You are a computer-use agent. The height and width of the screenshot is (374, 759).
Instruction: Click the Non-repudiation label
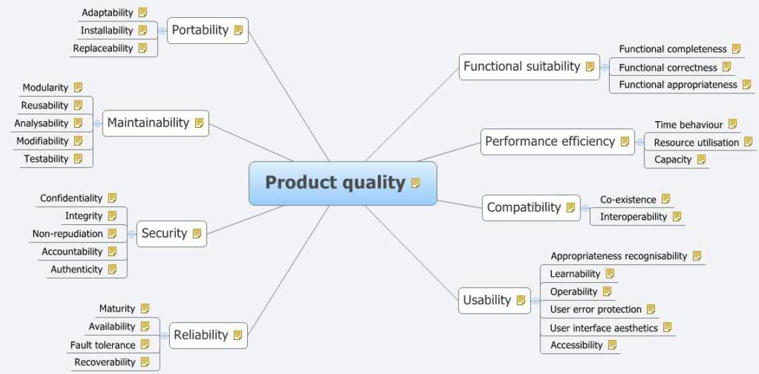(68, 234)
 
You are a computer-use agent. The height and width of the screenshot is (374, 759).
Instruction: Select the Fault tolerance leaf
(103, 345)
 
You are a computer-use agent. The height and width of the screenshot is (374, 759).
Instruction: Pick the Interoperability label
(633, 217)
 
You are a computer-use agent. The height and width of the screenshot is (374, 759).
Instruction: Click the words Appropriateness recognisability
(618, 256)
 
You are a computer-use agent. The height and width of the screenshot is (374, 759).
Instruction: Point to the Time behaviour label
(688, 124)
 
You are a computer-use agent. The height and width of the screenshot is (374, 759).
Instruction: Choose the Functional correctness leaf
(668, 67)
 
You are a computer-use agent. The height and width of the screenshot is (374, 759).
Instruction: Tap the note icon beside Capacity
(700, 160)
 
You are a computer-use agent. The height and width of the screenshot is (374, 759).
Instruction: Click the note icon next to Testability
(79, 158)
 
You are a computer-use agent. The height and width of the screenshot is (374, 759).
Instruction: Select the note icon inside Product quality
(416, 183)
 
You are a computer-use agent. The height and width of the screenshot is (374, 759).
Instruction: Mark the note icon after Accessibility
(612, 345)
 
